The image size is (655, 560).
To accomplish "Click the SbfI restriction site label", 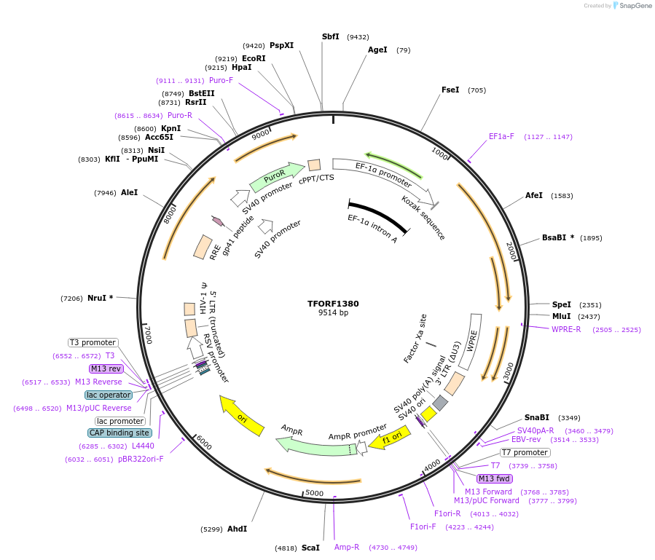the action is (x=330, y=36).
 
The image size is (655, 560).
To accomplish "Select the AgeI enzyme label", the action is (x=377, y=50).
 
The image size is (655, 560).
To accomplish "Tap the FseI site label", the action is (x=450, y=90).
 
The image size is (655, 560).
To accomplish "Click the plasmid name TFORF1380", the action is (x=333, y=304).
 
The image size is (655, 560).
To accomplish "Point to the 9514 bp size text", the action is (x=333, y=313).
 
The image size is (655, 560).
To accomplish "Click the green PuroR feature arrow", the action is (x=276, y=176).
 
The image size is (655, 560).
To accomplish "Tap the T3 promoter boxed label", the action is (x=93, y=342).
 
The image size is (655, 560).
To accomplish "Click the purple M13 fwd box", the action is (x=494, y=478).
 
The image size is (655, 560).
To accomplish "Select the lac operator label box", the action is (x=109, y=395).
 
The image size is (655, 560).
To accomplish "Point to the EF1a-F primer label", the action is (x=501, y=136).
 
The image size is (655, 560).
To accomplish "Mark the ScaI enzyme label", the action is (x=310, y=548).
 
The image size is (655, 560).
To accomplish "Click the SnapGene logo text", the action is (x=632, y=6).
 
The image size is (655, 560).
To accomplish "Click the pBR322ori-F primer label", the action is (x=141, y=459).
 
